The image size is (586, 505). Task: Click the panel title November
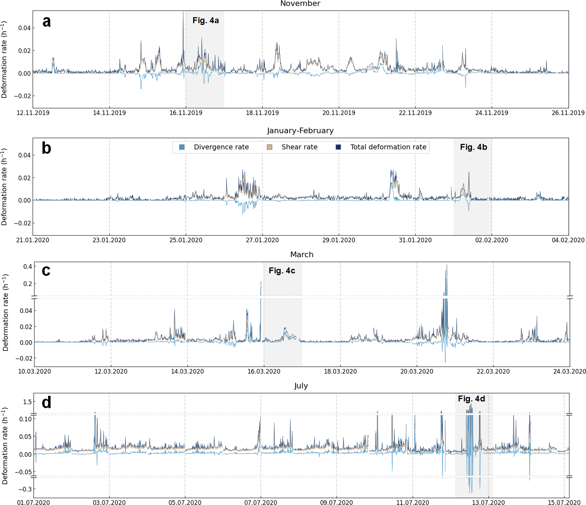(300, 4)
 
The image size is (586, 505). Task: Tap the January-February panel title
(300, 131)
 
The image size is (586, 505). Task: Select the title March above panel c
(302, 254)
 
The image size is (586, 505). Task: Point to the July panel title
(301, 386)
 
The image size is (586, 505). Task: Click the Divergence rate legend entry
(221, 147)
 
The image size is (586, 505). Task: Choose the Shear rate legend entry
(299, 147)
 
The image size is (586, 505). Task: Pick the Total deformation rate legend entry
(388, 147)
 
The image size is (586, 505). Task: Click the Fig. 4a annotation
(206, 21)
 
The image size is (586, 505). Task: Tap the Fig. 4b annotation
(473, 147)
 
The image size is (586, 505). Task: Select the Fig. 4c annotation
(282, 271)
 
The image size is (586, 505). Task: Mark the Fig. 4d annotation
(472, 399)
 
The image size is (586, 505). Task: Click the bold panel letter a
(46, 22)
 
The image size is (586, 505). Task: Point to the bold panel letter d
(46, 402)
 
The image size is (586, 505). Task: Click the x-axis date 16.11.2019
(186, 113)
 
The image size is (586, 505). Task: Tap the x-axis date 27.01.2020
(262, 240)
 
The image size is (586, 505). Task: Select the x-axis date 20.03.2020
(417, 372)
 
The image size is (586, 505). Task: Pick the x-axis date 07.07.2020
(261, 503)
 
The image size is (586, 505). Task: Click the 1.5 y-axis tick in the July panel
(27, 402)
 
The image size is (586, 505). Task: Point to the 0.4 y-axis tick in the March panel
(28, 267)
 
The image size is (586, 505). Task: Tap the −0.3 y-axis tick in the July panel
(25, 489)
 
